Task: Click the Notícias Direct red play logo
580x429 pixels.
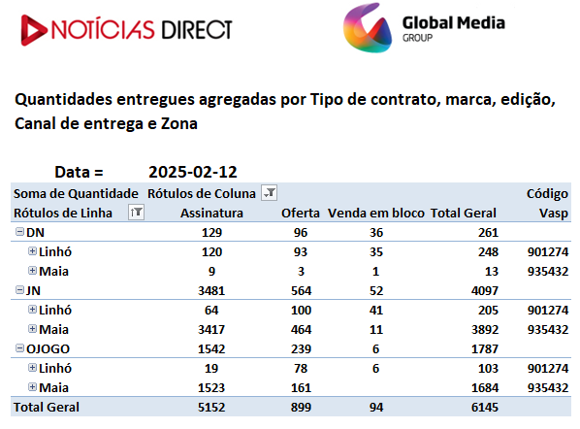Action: click(34, 30)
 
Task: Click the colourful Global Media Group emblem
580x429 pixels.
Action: click(368, 28)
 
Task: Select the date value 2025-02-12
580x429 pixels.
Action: click(193, 172)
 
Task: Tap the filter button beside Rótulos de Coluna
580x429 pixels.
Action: click(269, 193)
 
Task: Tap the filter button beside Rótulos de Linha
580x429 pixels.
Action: click(136, 213)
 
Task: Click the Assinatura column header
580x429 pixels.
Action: click(211, 214)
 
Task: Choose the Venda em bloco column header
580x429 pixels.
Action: click(375, 214)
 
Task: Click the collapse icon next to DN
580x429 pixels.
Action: click(19, 232)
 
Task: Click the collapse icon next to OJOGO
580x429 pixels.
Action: click(19, 347)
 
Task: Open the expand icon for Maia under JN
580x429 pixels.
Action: click(33, 329)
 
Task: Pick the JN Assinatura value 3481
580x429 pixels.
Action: click(211, 291)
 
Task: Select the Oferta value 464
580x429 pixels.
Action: click(301, 330)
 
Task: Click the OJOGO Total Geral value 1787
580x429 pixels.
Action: click(485, 349)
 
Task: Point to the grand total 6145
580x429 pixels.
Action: click(485, 407)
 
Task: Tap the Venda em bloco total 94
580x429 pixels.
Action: click(375, 407)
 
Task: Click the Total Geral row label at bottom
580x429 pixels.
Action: click(47, 407)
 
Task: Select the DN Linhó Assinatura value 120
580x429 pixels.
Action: click(211, 252)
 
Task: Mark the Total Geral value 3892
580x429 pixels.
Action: click(485, 330)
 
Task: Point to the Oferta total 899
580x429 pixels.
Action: click(301, 407)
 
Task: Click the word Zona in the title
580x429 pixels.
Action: click(179, 123)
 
